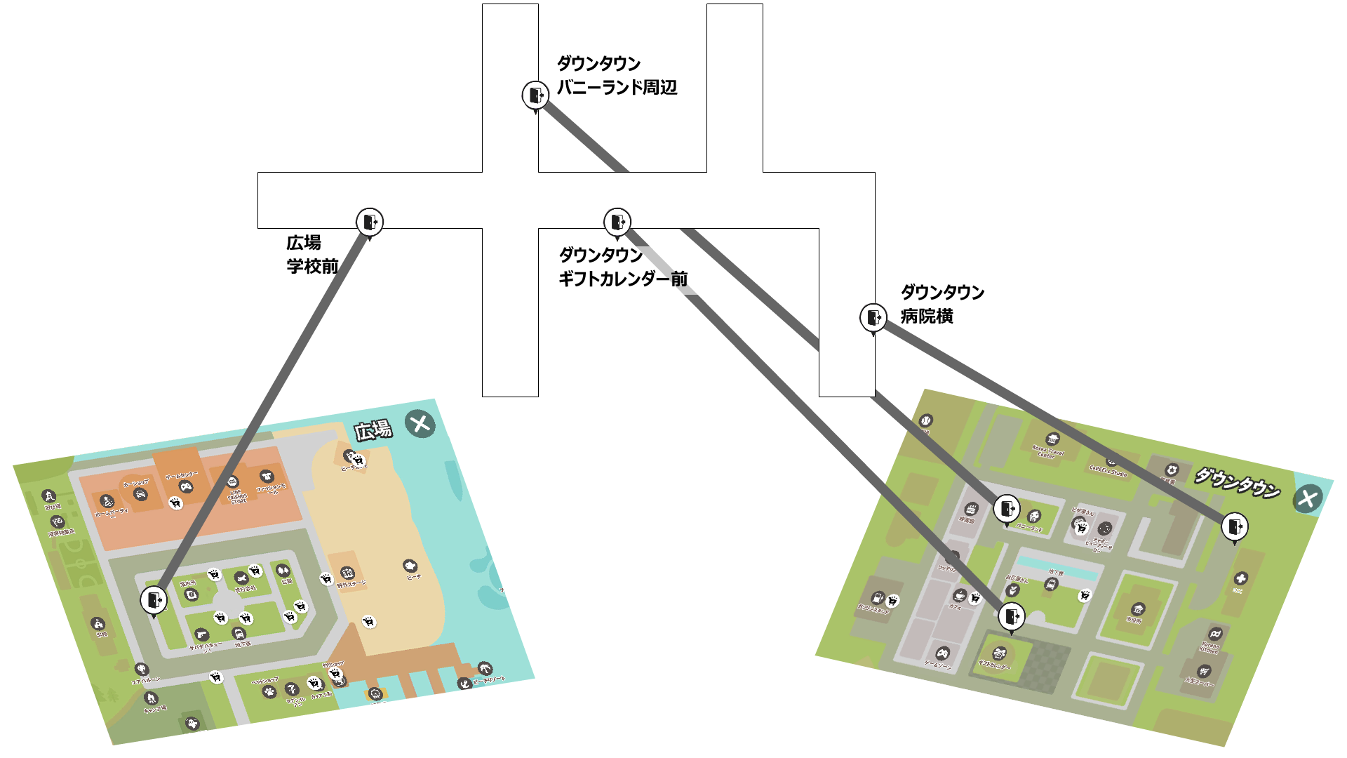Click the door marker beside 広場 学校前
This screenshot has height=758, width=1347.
point(370,222)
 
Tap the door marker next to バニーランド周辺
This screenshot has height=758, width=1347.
point(535,95)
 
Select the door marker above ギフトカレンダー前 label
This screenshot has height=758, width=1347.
point(617,222)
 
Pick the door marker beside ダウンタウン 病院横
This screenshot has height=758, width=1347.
point(873,317)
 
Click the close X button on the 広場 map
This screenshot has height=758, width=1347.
point(420,424)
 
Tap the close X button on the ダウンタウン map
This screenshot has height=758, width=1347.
point(1307,499)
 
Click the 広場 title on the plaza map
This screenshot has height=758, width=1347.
point(373,430)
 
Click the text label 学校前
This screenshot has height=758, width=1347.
point(312,266)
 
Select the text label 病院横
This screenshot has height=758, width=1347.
point(927,317)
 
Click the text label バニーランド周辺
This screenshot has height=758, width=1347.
point(617,87)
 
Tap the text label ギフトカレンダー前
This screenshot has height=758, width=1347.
point(623,279)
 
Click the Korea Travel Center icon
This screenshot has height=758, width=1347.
point(1052,439)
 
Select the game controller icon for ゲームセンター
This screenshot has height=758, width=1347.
point(186,486)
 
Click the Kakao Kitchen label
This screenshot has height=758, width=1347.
point(1209,647)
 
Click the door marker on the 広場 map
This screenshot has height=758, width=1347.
point(154,600)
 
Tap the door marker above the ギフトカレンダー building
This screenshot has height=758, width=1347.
point(1011,616)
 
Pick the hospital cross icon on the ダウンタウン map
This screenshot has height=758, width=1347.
point(1241,578)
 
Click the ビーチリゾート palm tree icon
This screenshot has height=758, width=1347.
point(484,667)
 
